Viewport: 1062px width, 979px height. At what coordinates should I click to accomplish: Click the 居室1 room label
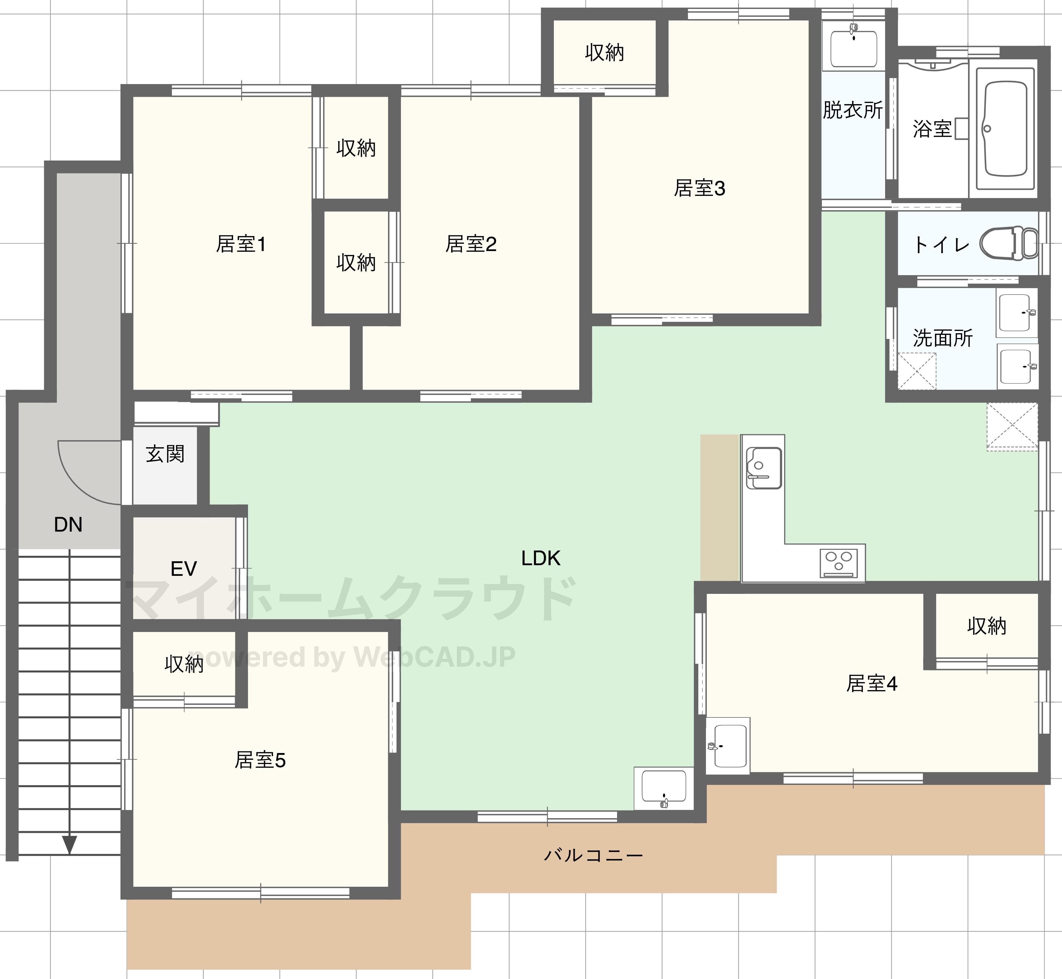(x=241, y=244)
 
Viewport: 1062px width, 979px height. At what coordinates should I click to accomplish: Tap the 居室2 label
(x=471, y=244)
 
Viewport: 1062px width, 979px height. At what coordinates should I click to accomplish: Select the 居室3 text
(x=699, y=188)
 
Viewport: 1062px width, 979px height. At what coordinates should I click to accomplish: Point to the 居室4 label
(x=871, y=684)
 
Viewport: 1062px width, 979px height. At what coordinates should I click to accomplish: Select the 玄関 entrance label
(x=165, y=454)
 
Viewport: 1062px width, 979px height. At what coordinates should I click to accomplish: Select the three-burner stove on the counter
(x=839, y=563)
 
